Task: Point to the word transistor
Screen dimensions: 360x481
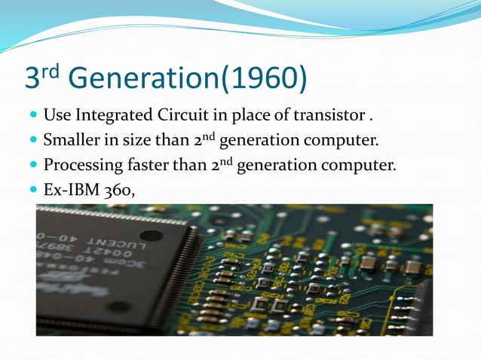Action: (326, 117)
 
